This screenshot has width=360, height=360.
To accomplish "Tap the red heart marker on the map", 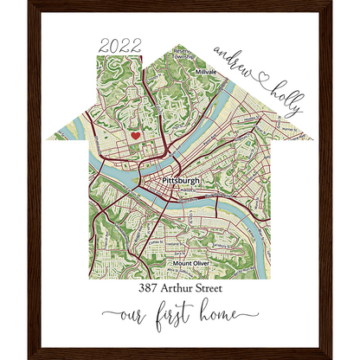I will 136,135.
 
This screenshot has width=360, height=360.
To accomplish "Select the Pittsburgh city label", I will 180,180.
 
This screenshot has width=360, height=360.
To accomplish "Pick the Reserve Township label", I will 180,54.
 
